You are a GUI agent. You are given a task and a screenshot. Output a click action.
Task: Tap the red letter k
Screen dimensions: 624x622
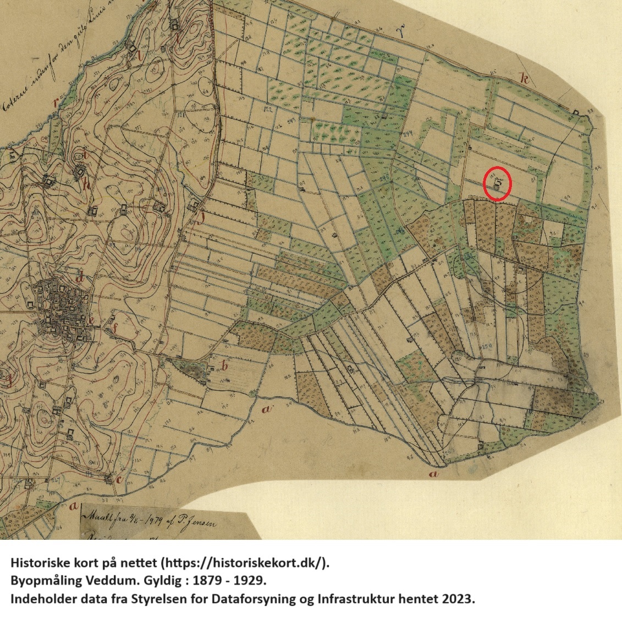click(525, 79)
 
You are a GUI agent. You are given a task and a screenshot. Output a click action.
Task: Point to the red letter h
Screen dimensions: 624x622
click(86, 184)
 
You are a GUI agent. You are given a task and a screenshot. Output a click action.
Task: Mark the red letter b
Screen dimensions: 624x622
click(224, 365)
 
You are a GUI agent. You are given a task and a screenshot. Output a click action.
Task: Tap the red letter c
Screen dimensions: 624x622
click(119, 479)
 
